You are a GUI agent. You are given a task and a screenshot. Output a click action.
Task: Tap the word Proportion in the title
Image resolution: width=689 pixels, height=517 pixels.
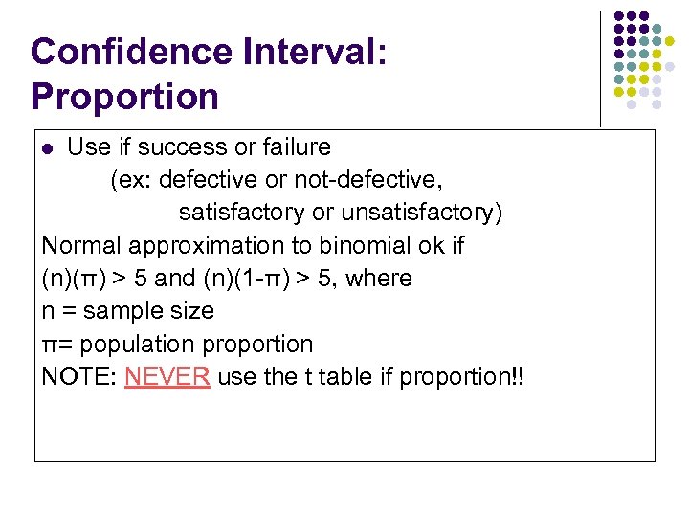click(124, 96)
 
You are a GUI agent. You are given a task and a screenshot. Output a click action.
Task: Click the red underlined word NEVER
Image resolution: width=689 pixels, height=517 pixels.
click(167, 376)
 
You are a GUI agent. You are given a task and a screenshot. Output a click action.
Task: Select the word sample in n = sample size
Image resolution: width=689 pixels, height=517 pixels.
click(119, 311)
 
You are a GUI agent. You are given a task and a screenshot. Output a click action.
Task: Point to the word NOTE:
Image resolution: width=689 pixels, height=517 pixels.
click(79, 376)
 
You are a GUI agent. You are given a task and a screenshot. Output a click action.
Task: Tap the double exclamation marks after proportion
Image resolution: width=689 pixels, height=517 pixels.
click(517, 376)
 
